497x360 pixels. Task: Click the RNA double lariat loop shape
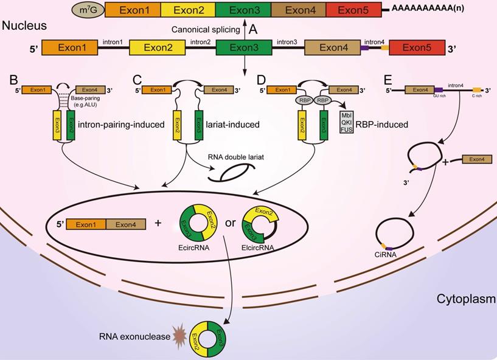click(x=227, y=172)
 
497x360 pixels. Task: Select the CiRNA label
click(x=386, y=255)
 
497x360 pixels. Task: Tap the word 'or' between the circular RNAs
click(x=231, y=223)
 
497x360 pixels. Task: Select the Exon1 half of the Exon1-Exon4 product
click(x=86, y=224)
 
